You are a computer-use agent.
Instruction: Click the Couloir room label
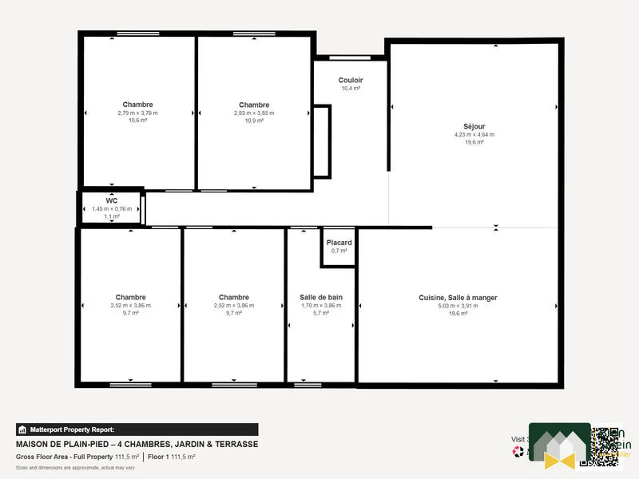(350, 80)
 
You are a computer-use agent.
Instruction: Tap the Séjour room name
(474, 126)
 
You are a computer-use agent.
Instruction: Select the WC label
(112, 200)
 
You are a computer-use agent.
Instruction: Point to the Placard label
(339, 242)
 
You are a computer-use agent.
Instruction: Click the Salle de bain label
(320, 297)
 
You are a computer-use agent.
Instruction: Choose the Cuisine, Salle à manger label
(458, 298)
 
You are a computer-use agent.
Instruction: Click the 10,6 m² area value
(137, 121)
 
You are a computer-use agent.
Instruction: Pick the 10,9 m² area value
(253, 121)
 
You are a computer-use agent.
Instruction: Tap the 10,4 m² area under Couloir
(350, 88)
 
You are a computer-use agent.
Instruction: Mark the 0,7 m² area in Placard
(339, 251)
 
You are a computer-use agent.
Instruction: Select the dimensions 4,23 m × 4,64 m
(474, 134)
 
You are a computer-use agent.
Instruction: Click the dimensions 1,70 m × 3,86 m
(320, 305)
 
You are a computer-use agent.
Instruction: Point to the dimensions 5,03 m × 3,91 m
(458, 306)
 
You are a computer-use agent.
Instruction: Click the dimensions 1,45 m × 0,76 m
(112, 208)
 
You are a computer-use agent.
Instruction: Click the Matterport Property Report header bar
(137, 429)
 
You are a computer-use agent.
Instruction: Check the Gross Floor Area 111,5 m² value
(126, 457)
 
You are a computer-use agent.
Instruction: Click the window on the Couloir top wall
(349, 57)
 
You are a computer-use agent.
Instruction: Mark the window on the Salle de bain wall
(307, 385)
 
